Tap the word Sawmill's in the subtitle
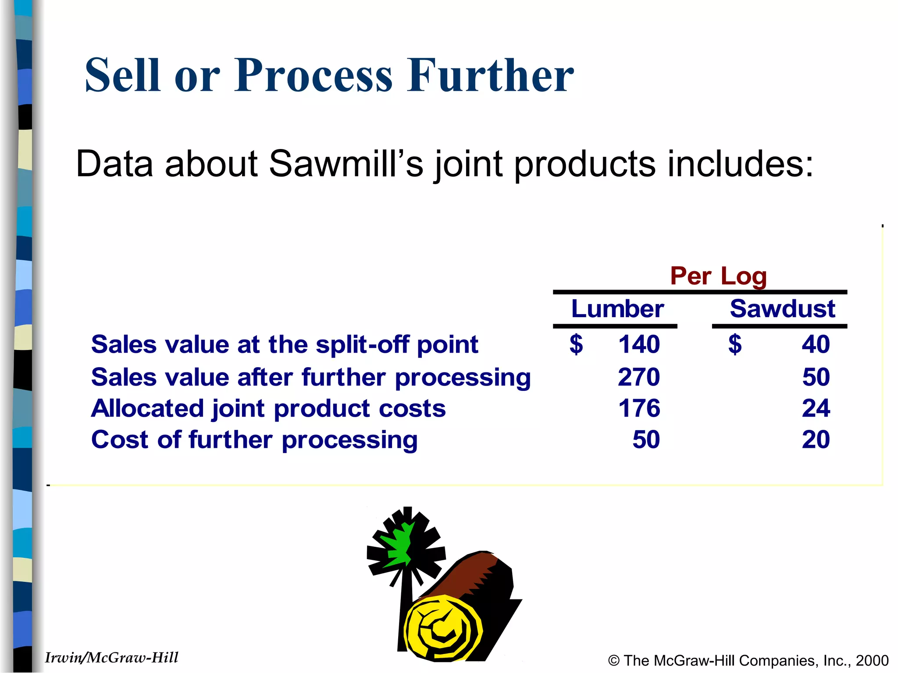(x=346, y=164)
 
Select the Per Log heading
(x=718, y=276)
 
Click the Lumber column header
(x=617, y=309)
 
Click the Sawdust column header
(x=782, y=309)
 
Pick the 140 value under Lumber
(x=639, y=344)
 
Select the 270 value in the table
(x=639, y=377)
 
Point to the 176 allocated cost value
(x=639, y=408)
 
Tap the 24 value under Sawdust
(x=816, y=408)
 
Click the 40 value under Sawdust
(x=816, y=344)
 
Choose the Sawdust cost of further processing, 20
(x=816, y=439)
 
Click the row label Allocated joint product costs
(x=268, y=408)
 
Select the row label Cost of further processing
(x=254, y=440)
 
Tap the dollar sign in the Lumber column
(x=576, y=344)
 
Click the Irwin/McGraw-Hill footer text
(x=112, y=658)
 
